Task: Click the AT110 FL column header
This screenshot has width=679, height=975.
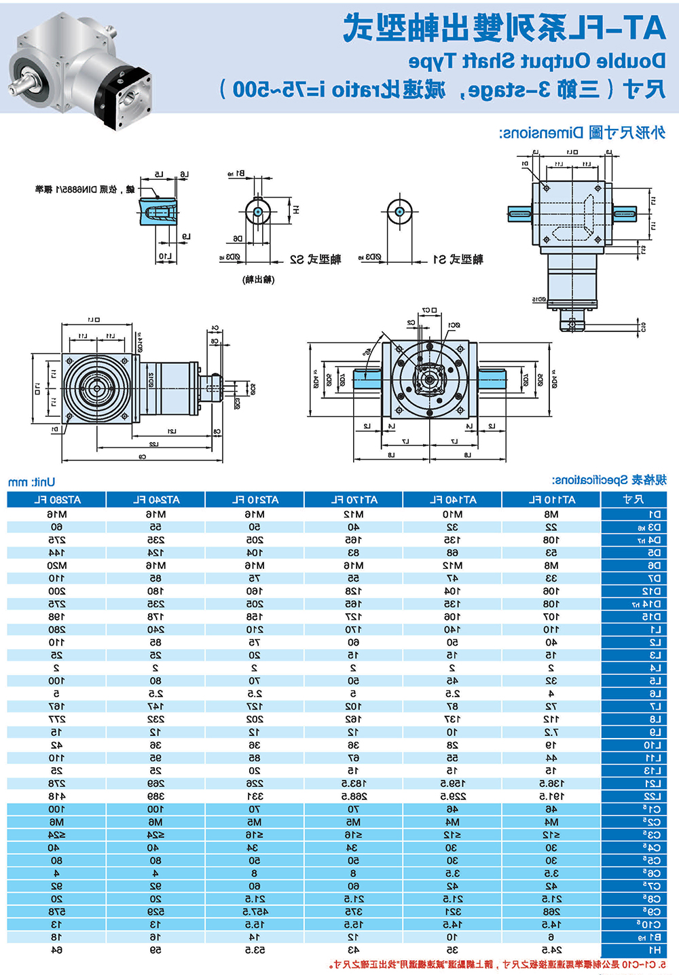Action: click(551, 500)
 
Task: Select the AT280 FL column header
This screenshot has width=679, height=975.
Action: click(57, 500)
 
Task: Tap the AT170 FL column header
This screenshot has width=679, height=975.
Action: click(354, 500)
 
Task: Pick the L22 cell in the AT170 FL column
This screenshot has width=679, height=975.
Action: click(354, 796)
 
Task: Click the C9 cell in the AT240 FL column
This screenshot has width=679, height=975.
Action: click(155, 912)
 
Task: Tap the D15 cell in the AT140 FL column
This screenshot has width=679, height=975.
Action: click(452, 617)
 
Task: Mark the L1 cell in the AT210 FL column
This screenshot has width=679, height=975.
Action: click(255, 630)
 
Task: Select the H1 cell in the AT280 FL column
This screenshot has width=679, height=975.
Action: click(57, 950)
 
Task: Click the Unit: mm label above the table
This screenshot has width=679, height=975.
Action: click(31, 482)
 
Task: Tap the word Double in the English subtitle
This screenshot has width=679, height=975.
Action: click(631, 61)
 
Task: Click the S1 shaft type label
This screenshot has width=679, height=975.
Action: click(458, 259)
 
